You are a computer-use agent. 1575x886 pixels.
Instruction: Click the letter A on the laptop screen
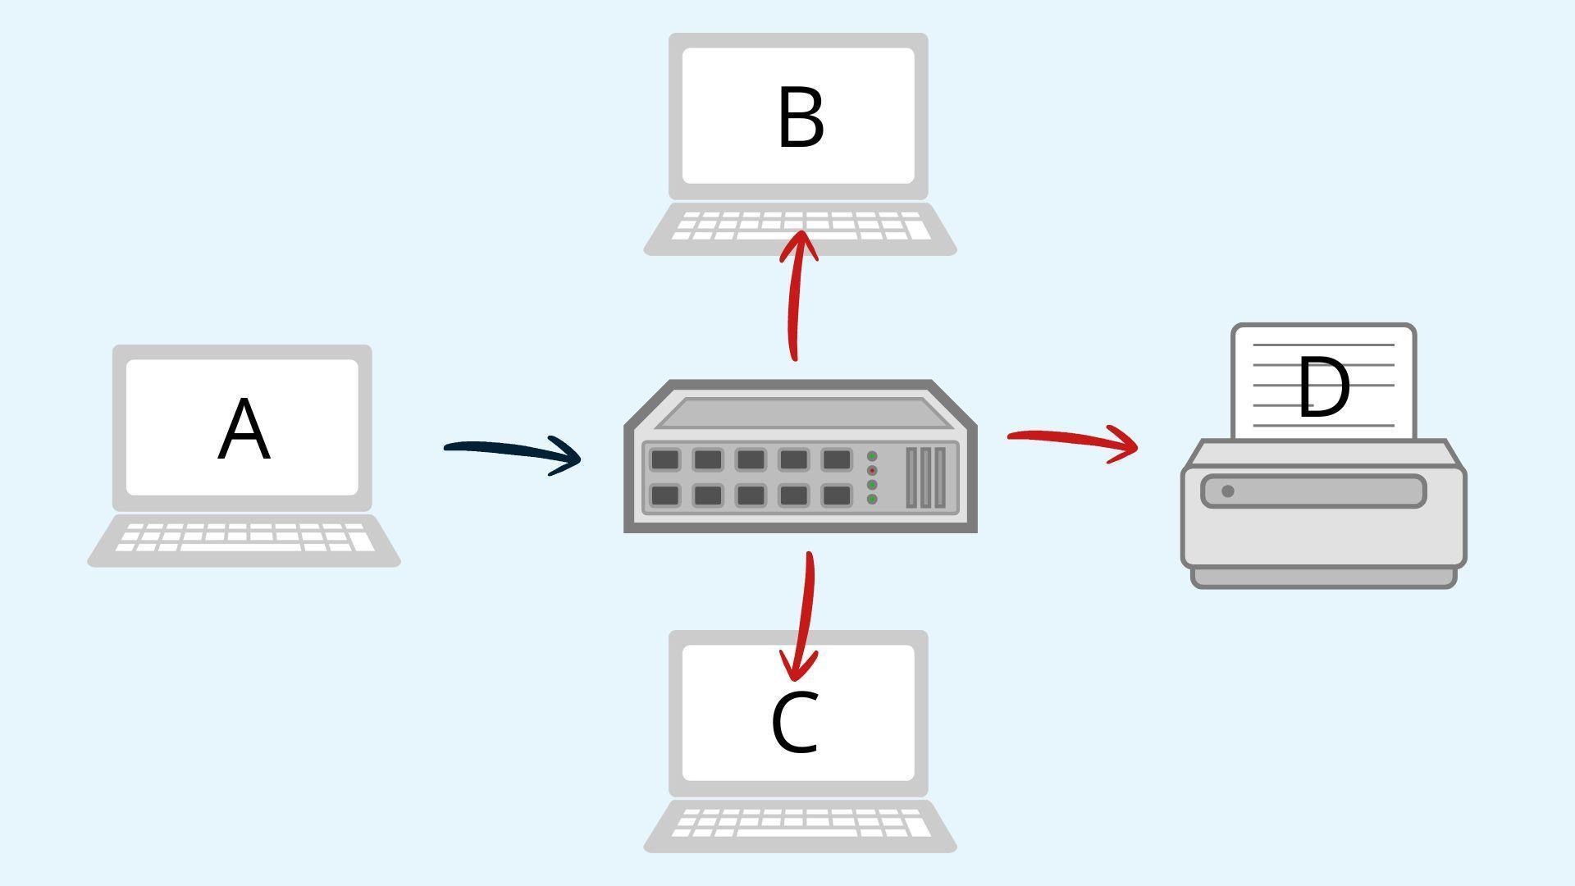pos(244,430)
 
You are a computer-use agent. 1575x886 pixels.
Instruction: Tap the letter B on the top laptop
pos(800,119)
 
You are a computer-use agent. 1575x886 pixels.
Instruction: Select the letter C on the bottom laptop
pos(795,723)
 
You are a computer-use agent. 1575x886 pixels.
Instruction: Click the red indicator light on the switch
pos(872,471)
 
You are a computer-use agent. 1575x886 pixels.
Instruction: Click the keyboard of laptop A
pos(244,538)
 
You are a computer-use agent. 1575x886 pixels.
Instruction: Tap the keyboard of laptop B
pos(800,226)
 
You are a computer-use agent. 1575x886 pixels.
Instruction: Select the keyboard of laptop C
pos(800,823)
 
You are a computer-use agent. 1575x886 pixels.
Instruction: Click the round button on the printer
pos(1227,491)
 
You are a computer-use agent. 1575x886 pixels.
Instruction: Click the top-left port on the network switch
pos(664,459)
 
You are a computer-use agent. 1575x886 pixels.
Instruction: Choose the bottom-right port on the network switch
pos(836,496)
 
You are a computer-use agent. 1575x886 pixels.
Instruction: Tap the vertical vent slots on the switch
pos(925,477)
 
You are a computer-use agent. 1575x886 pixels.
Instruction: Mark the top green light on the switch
pos(872,457)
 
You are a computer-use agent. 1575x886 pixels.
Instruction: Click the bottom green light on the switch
pos(872,499)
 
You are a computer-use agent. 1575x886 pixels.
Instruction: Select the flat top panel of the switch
pos(800,413)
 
